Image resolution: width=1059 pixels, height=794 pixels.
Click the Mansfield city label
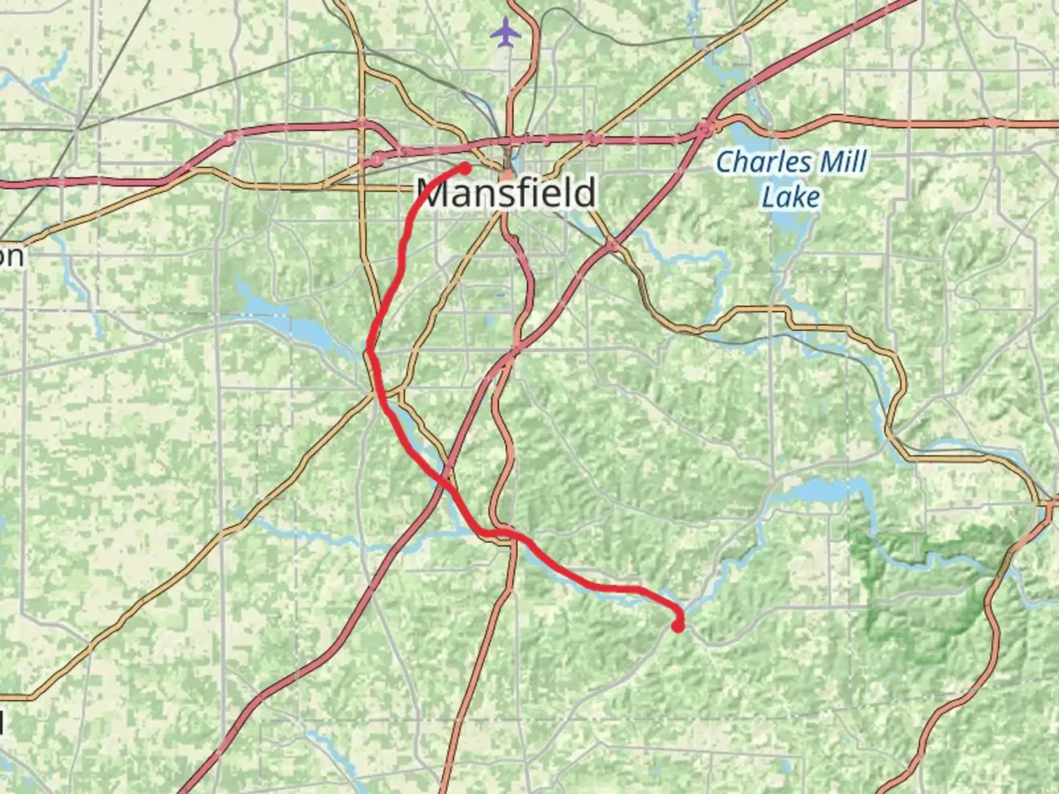(507, 193)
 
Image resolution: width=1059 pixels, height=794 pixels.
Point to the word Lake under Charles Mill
(791, 197)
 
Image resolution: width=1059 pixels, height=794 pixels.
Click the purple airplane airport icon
(505, 32)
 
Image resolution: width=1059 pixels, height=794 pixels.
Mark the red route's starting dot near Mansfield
(466, 168)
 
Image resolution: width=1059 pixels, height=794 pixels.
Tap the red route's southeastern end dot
(677, 626)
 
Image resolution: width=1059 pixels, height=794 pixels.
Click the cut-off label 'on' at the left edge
(11, 257)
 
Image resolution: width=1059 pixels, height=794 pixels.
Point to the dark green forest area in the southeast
(927, 588)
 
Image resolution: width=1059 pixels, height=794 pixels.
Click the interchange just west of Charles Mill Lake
(706, 129)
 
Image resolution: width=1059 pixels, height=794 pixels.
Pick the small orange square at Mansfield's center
(507, 176)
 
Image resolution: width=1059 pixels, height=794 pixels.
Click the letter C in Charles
(727, 162)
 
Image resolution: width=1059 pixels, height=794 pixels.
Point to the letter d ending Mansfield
(585, 192)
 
